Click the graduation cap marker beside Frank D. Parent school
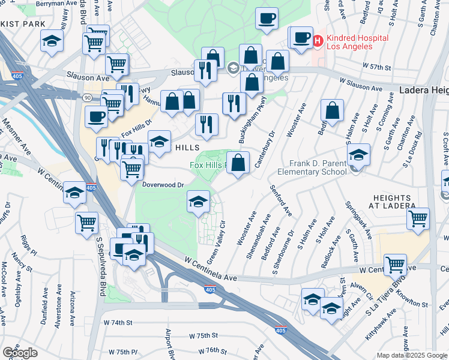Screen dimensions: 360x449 (x=358, y=155)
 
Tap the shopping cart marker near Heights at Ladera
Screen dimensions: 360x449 (x=418, y=219)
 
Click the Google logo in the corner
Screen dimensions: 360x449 (x=20, y=353)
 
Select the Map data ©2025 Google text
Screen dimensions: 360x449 (x=412, y=355)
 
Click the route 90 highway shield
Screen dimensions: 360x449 (x=87, y=97)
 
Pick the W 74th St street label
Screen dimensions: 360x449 (x=117, y=323)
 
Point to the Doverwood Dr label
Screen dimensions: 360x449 (x=162, y=185)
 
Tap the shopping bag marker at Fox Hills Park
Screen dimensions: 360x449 (x=238, y=163)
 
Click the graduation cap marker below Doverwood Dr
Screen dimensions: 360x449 (x=198, y=202)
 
